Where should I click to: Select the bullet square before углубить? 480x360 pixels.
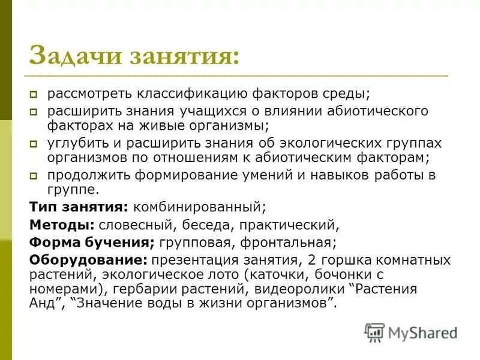point(35,144)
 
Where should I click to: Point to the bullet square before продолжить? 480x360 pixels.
point(35,176)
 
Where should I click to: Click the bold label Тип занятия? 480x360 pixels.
point(78,207)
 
